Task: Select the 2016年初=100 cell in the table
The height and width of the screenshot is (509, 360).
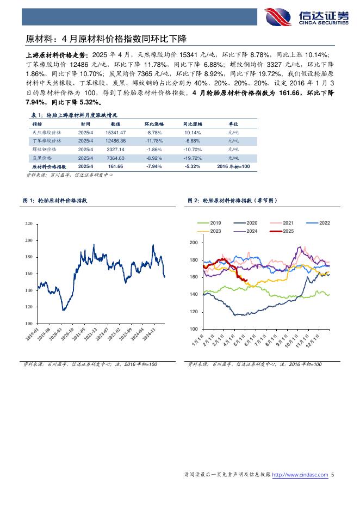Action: (x=233, y=166)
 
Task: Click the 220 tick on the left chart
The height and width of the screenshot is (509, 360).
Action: (x=29, y=224)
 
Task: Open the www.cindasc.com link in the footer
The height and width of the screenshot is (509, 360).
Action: (x=300, y=475)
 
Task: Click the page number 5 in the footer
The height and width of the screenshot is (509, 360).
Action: (x=332, y=475)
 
